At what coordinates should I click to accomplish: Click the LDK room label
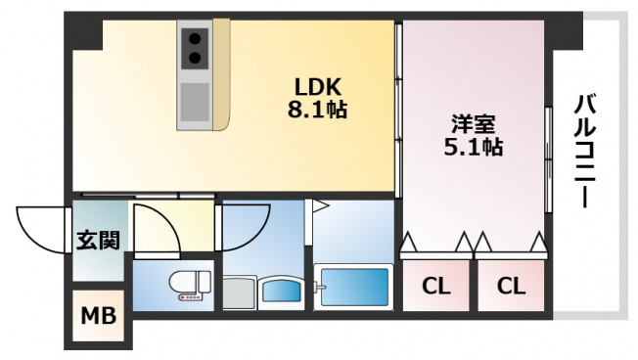[317, 86]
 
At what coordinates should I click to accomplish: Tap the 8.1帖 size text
[317, 109]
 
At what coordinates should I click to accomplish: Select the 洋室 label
[474, 124]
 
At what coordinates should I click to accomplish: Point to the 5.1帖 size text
[474, 148]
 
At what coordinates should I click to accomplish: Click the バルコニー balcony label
[585, 152]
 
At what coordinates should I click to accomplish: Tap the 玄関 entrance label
[99, 240]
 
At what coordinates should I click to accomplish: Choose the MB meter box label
[99, 316]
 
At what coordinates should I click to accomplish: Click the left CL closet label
[435, 286]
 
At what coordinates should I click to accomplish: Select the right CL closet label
[511, 286]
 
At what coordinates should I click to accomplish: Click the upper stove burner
[196, 39]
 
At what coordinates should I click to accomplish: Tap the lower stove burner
[196, 58]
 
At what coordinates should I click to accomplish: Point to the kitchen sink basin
[195, 102]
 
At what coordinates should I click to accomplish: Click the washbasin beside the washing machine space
[281, 292]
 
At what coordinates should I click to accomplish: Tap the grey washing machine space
[240, 292]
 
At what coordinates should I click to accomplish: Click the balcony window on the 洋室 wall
[549, 159]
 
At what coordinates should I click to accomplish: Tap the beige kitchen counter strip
[222, 75]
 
